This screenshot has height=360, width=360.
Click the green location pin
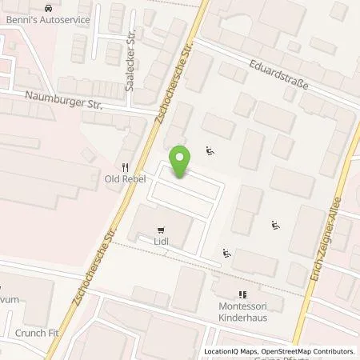(x=181, y=162)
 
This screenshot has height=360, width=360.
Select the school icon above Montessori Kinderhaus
(x=243, y=294)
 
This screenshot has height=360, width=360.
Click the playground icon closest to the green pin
(x=210, y=149)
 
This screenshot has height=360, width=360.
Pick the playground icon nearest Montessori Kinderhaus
(x=226, y=254)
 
